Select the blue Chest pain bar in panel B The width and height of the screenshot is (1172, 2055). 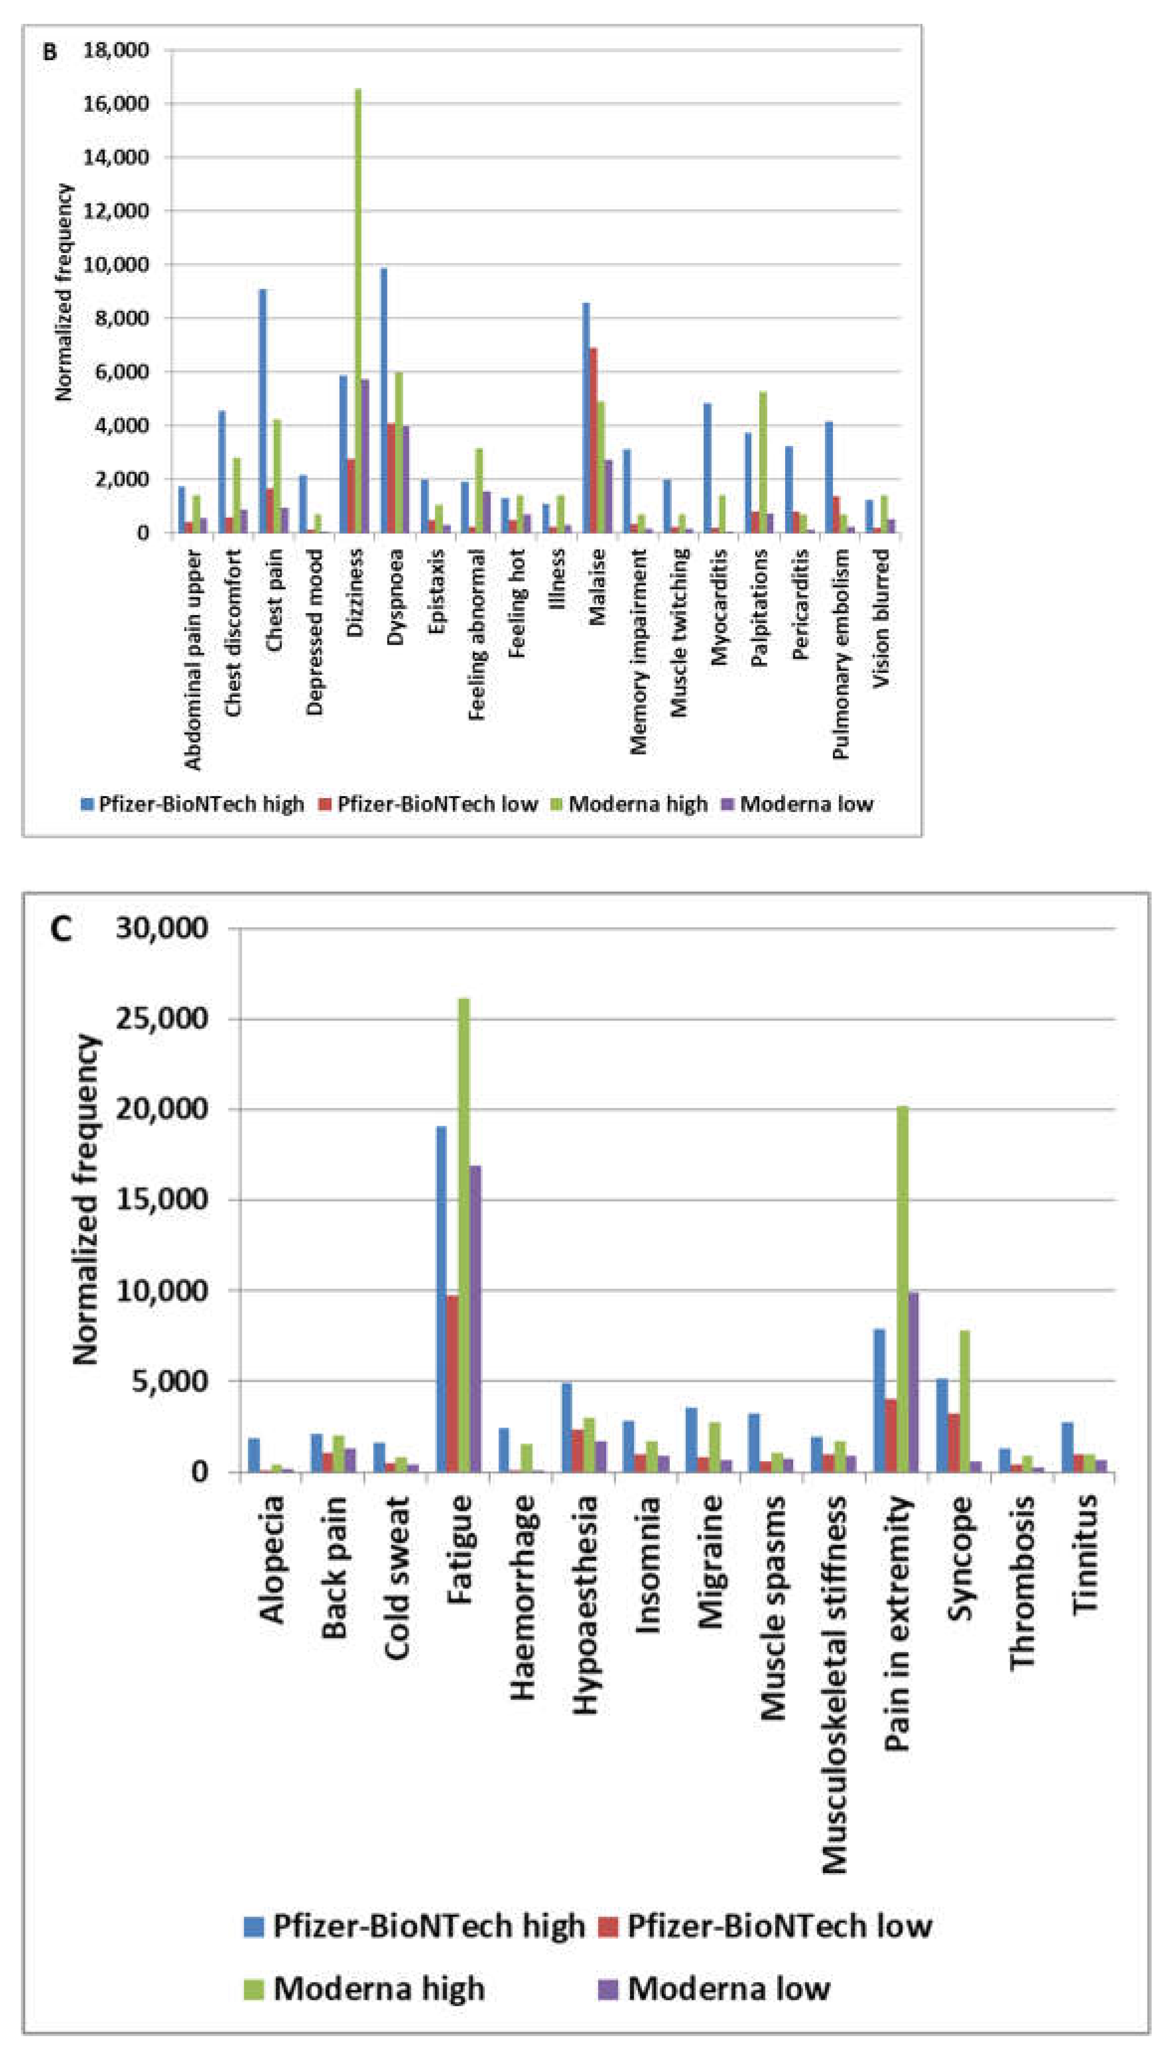[263, 411]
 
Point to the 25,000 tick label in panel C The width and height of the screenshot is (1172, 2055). [161, 1018]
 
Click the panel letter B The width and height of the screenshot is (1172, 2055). [50, 53]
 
